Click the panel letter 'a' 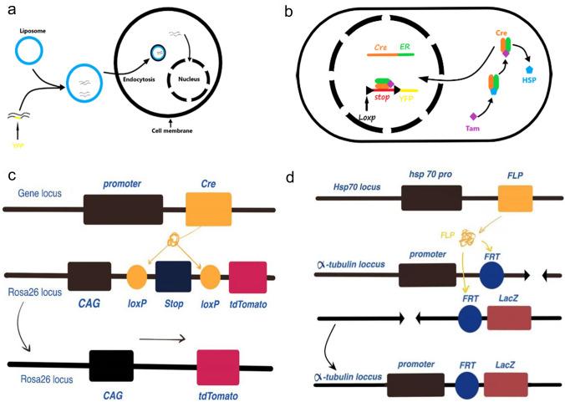9,9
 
